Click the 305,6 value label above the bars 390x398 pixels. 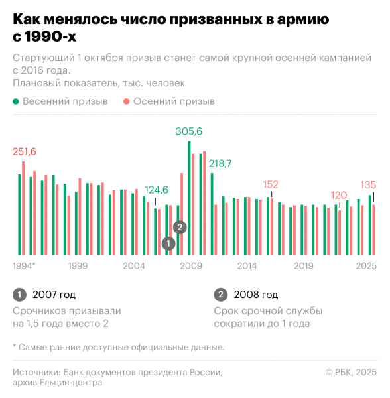(x=189, y=131)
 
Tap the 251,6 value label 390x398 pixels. (x=25, y=152)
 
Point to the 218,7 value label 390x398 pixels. (x=220, y=163)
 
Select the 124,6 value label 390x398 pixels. (x=157, y=189)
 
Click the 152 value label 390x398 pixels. (x=271, y=184)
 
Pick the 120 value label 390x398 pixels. (x=339, y=195)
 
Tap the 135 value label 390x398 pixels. (x=368, y=184)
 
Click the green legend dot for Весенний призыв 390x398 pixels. (x=16, y=102)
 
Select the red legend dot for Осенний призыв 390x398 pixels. (x=126, y=102)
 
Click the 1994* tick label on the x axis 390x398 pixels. (x=24, y=266)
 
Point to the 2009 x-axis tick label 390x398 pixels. (x=191, y=266)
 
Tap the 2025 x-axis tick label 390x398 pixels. (x=366, y=266)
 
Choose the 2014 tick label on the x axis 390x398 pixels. (x=247, y=266)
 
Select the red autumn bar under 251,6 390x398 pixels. (x=23, y=208)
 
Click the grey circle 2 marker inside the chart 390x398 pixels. (x=179, y=227)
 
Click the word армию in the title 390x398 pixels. (x=301, y=20)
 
